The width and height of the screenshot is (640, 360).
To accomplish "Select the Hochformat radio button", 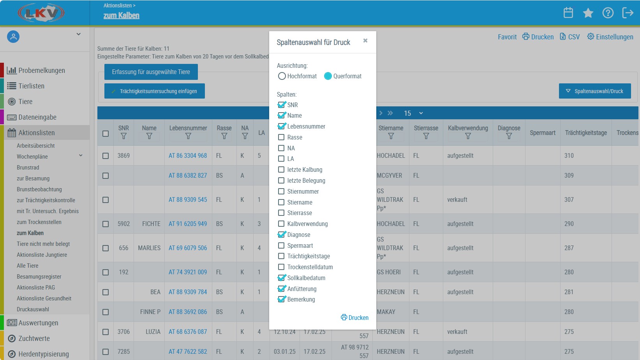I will coord(282,76).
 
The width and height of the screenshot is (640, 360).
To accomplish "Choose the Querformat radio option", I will coord(328,76).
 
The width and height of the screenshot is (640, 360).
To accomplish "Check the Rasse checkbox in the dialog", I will coord(281,137).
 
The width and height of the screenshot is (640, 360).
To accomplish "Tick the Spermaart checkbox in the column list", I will coord(281,245).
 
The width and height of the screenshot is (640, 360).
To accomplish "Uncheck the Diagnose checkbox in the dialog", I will coord(281,235).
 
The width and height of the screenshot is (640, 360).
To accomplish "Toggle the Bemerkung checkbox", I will coord(281,299).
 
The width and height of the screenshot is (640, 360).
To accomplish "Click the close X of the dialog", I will coord(365,41).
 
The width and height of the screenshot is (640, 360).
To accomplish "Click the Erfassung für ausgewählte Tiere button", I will coord(151,72).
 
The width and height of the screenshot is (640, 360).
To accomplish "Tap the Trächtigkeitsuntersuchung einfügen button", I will coord(155,91).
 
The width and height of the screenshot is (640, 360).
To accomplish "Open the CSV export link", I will coord(569,37).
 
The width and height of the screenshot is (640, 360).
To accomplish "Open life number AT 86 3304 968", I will coord(188,155).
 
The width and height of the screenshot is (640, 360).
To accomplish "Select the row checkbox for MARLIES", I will coord(106,248).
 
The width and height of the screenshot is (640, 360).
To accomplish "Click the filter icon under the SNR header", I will coord(123,136).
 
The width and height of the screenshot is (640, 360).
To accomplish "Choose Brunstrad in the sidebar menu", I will coord(28,168).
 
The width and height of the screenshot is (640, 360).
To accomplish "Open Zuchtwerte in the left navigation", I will coord(34,338).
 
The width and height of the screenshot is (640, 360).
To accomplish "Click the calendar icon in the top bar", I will coord(568,13).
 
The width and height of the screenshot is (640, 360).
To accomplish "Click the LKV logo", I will coord(41,13).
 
